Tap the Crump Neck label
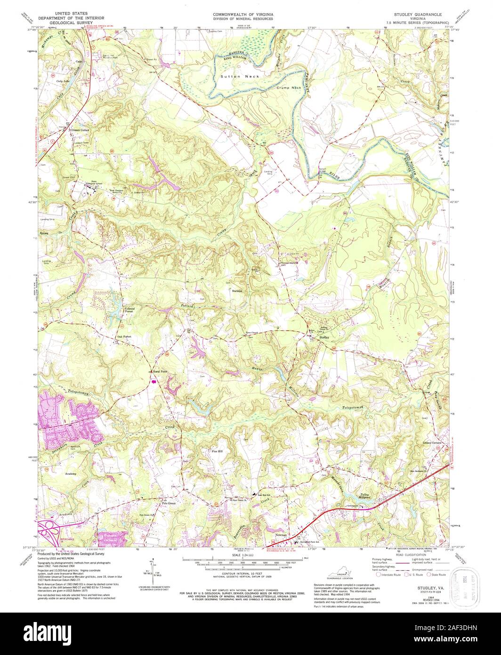(289, 88)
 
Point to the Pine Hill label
(217, 451)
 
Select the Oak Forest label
(124, 336)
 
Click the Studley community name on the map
(323, 338)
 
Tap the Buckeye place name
(236, 291)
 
